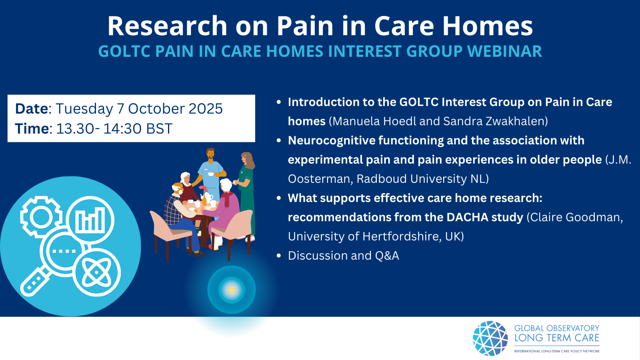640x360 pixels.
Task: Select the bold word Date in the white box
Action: coord(32,108)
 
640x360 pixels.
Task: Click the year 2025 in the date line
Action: coord(206,108)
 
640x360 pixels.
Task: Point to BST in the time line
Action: coord(159,128)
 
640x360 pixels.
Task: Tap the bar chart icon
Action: coord(90,220)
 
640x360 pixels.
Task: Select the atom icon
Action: coord(96,272)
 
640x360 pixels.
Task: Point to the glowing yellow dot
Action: coord(232,290)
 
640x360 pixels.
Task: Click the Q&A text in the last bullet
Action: coord(387,256)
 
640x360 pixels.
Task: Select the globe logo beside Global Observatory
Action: coord(490,338)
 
